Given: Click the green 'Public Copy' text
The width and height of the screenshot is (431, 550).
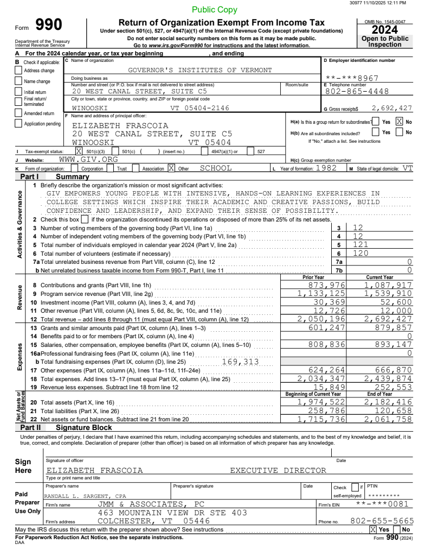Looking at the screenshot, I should [x=215, y=10].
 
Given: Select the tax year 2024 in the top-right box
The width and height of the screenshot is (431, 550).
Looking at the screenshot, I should [x=385, y=30].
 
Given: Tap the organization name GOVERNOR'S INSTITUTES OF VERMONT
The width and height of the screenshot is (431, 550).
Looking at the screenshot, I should [x=200, y=70].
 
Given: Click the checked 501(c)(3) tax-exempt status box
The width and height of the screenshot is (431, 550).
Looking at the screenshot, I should [x=79, y=151].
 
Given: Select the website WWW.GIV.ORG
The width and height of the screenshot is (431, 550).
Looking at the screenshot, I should [x=88, y=160].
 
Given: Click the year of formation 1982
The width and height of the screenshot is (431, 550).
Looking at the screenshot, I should [x=326, y=168].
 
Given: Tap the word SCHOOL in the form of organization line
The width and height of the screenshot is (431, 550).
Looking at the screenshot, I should [x=216, y=168].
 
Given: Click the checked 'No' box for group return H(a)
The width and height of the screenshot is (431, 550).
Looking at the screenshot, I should [x=399, y=122].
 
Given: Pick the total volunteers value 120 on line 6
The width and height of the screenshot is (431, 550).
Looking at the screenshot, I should [x=361, y=253].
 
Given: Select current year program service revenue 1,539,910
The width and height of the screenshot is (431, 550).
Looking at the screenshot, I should [x=388, y=293].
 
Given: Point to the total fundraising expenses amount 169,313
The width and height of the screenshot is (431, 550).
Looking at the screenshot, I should [x=240, y=362].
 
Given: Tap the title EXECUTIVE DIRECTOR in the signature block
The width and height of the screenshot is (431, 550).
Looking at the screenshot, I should [x=278, y=470].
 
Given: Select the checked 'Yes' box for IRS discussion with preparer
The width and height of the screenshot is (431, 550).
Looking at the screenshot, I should [x=373, y=529].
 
